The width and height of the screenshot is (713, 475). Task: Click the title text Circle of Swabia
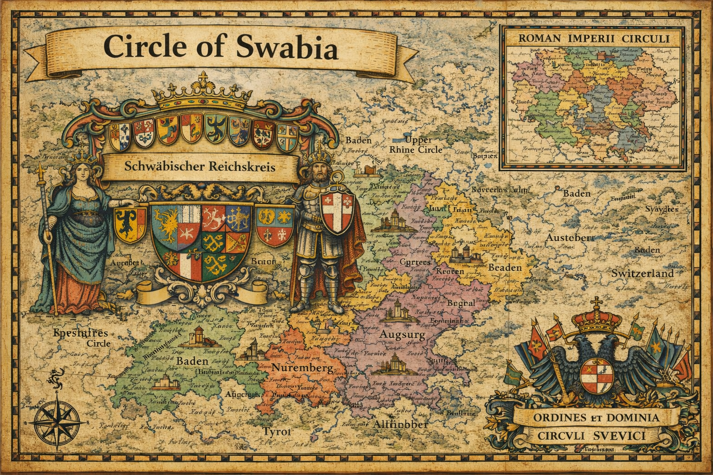tap(220, 47)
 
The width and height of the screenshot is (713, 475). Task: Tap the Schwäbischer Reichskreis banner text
tap(200, 167)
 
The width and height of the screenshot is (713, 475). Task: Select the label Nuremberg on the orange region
tap(302, 369)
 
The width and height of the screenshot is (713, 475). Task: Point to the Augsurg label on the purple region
tap(402, 334)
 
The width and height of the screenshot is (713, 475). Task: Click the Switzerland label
tap(642, 274)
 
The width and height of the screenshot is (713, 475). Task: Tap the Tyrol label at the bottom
tap(277, 431)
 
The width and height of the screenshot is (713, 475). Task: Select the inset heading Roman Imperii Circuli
tap(592, 39)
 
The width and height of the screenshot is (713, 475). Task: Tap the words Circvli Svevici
tap(591, 436)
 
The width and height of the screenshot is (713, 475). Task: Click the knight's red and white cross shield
tap(338, 212)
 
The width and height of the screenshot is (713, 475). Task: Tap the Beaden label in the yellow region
tap(505, 268)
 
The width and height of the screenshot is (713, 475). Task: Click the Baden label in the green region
tap(192, 360)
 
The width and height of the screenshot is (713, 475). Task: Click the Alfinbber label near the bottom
tap(400, 424)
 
